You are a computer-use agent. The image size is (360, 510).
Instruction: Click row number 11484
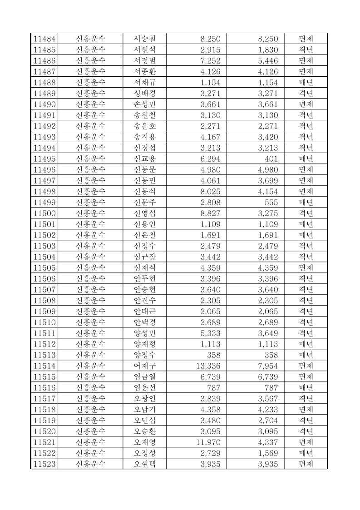click(x=44, y=39)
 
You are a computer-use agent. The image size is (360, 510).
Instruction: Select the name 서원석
click(x=144, y=50)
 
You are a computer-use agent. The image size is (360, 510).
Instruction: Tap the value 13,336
click(x=207, y=366)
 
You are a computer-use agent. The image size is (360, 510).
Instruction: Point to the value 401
click(x=271, y=159)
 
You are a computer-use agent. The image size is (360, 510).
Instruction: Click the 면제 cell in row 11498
click(x=306, y=192)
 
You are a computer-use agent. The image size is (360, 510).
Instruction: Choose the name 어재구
click(x=144, y=366)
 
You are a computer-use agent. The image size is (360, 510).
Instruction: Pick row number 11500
click(x=44, y=213)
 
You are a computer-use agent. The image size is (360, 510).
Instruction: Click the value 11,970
click(x=207, y=442)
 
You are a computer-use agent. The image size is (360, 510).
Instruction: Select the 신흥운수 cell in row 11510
click(x=90, y=322)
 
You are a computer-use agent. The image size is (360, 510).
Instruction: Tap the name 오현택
click(x=144, y=464)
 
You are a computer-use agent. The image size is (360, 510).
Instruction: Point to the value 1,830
click(x=267, y=50)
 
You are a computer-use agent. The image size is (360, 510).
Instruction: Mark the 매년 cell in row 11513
click(x=306, y=355)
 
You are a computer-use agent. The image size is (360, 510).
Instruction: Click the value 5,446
click(x=267, y=61)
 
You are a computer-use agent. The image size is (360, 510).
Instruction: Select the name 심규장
click(x=144, y=257)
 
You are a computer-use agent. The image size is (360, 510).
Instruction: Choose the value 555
click(x=271, y=203)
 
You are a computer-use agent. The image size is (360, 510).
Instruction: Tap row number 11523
click(x=44, y=464)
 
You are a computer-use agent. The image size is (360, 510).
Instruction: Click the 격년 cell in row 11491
click(x=306, y=115)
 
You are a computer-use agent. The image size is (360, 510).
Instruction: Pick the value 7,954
click(x=267, y=366)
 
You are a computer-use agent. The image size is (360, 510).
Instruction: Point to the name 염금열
click(x=144, y=377)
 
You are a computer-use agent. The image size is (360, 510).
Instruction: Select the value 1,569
click(x=267, y=453)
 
